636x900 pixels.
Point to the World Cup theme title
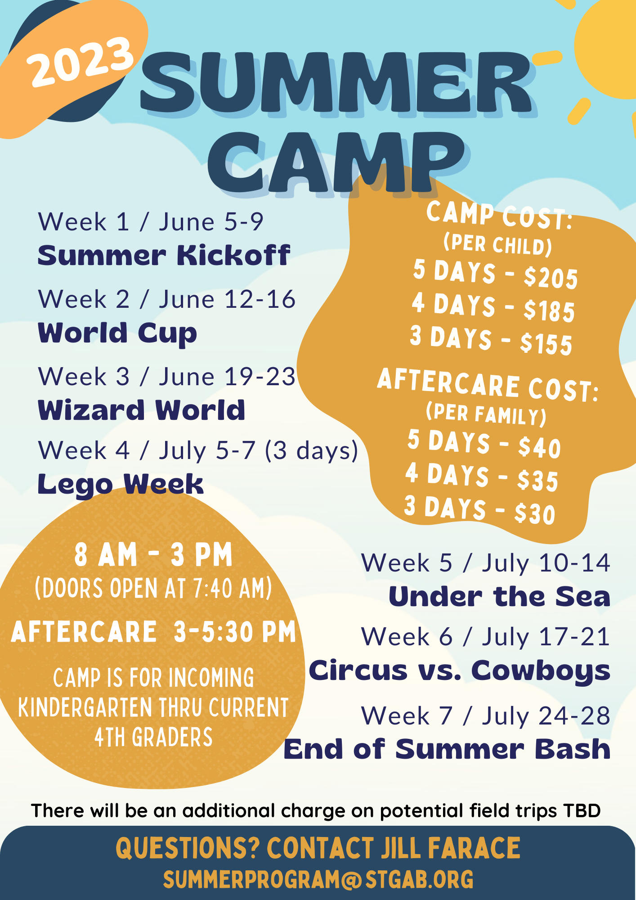point(117,333)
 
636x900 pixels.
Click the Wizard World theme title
point(142,410)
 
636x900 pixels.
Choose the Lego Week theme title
point(121,485)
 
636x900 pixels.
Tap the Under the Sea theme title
point(500,596)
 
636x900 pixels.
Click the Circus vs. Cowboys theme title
point(460,671)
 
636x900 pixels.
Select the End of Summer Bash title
point(447,749)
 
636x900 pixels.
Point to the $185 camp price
point(549,310)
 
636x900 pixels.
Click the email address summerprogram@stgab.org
point(318,879)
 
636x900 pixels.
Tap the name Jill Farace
point(451,848)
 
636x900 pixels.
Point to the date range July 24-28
point(546,715)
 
